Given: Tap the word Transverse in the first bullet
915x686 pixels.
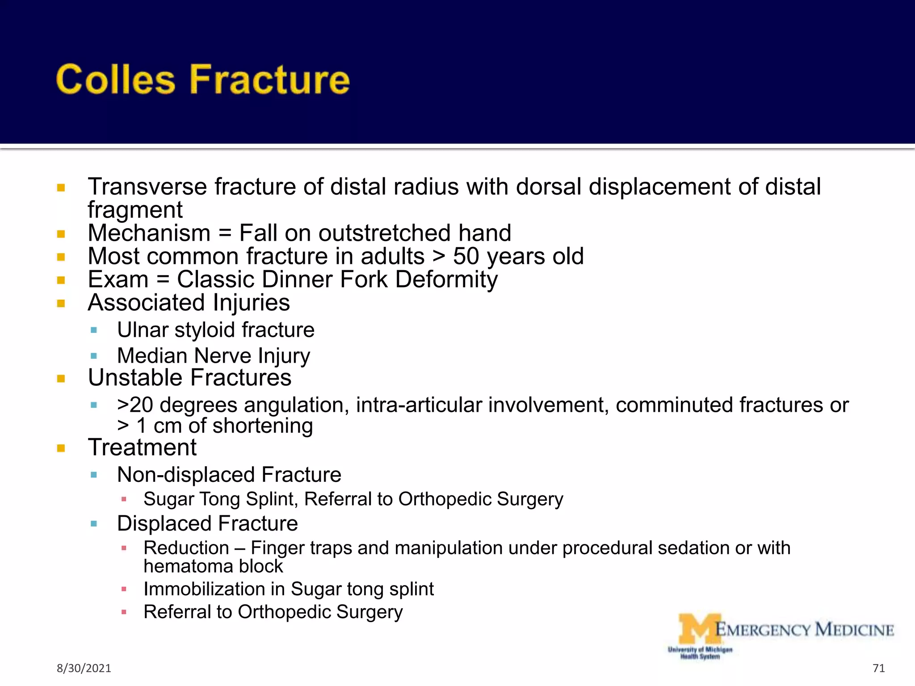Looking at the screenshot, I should pyautogui.click(x=147, y=187).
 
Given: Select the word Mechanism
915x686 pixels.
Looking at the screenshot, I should pyautogui.click(x=149, y=233).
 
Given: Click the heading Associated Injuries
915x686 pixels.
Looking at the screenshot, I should pyautogui.click(x=189, y=303).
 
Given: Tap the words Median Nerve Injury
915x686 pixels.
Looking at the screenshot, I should pyautogui.click(x=213, y=356).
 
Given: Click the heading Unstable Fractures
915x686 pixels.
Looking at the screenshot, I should pyautogui.click(x=189, y=378).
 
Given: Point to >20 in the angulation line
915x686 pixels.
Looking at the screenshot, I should pyautogui.click(x=135, y=405).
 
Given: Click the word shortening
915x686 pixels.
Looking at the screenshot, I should pyautogui.click(x=262, y=426).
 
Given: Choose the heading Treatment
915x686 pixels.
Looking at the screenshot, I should pyautogui.click(x=142, y=448).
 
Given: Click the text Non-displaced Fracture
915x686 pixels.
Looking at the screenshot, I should pyautogui.click(x=229, y=475).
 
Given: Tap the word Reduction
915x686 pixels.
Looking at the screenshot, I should pyautogui.click(x=186, y=548).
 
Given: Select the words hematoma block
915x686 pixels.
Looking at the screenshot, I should pyautogui.click(x=213, y=566).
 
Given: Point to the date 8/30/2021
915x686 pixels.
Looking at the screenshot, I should pyautogui.click(x=84, y=668).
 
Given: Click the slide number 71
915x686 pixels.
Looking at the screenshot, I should pyautogui.click(x=878, y=668).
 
